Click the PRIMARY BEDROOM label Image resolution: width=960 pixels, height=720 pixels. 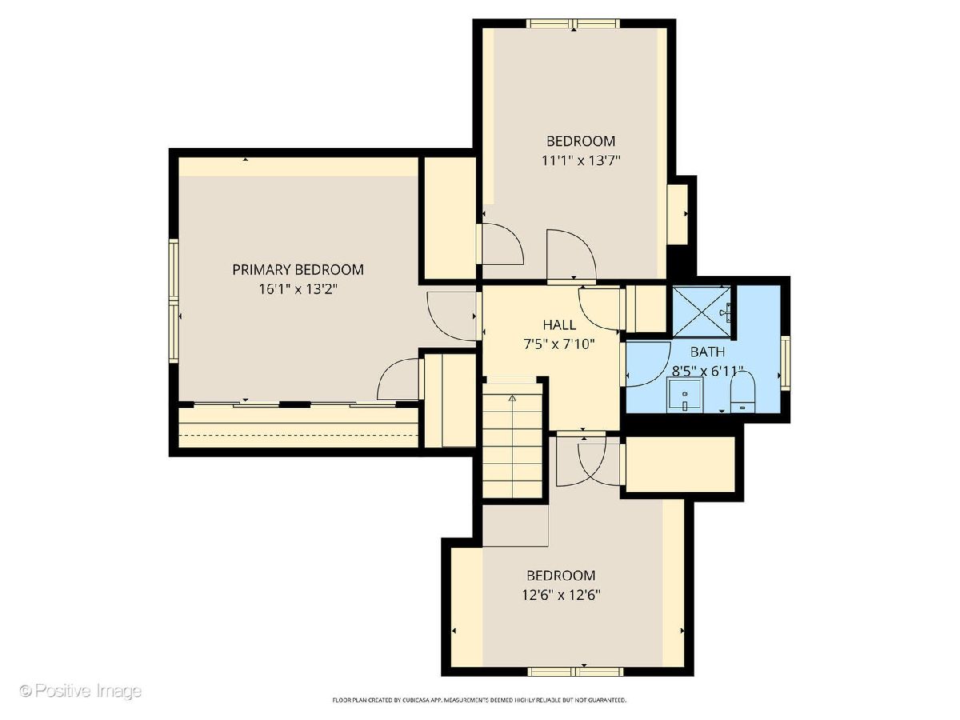(x=298, y=270)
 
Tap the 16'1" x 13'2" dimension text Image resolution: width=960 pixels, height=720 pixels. (x=298, y=289)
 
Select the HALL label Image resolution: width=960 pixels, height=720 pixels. (x=559, y=325)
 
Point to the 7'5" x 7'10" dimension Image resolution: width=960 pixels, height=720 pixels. (x=559, y=345)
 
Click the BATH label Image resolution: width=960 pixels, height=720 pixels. (x=707, y=352)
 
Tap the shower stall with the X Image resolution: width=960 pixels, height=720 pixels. (x=701, y=312)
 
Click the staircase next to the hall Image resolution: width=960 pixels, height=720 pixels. (x=512, y=440)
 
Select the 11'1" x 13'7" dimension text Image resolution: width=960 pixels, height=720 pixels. (x=582, y=161)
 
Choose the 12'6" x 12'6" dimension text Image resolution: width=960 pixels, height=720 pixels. (x=561, y=595)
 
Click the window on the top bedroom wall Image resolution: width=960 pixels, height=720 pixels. (x=574, y=24)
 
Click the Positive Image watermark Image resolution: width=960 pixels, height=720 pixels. (x=81, y=691)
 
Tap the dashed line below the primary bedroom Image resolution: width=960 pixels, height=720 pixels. (x=298, y=435)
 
